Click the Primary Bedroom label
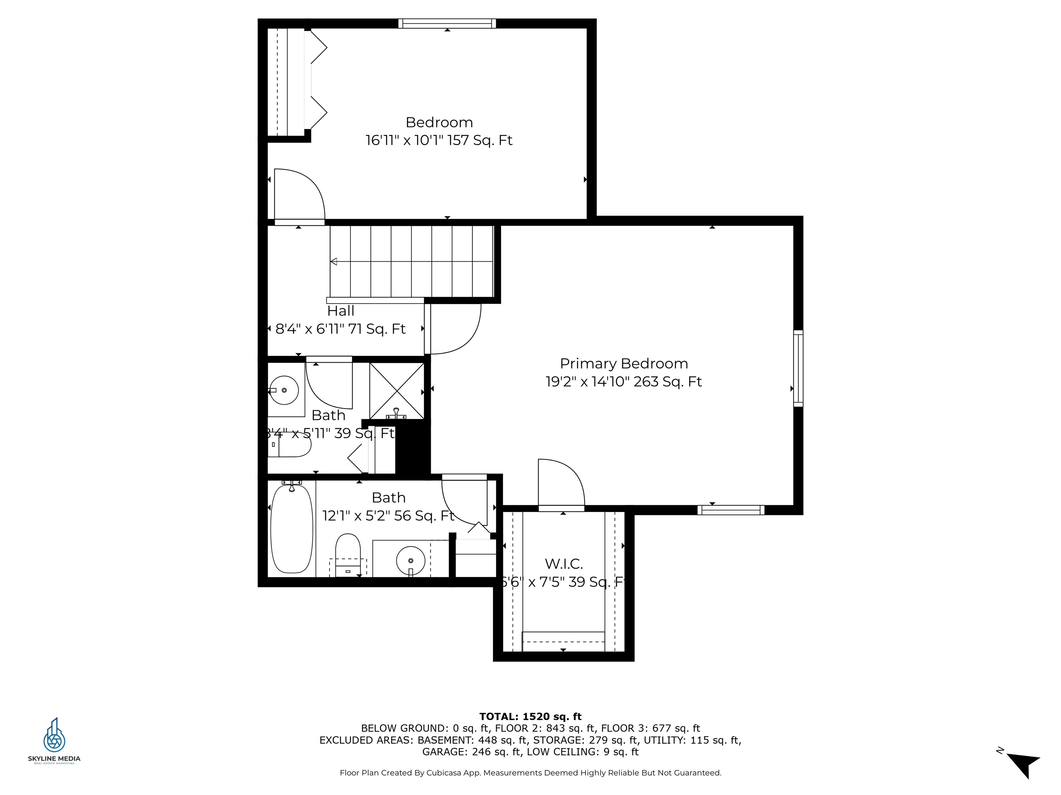point(623,363)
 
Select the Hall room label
point(341,311)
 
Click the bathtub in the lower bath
point(291,529)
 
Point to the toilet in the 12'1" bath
point(348,551)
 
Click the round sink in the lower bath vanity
point(411,560)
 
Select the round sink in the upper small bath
point(284,390)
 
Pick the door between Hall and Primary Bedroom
point(453,330)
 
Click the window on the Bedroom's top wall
point(447,23)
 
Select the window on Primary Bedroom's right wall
point(798,368)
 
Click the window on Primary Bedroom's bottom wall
point(730,510)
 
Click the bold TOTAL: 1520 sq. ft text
point(530,716)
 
